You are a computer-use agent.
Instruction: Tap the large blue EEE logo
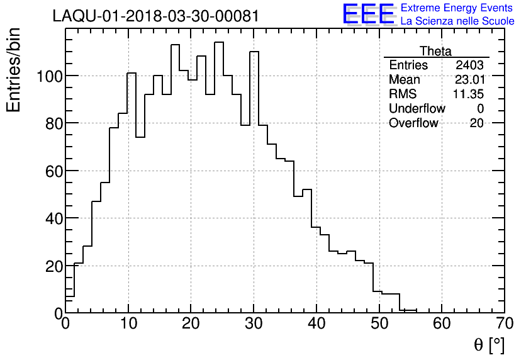(368, 14)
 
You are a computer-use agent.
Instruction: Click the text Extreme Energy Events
(457, 8)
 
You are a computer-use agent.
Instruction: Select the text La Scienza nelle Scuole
(457, 21)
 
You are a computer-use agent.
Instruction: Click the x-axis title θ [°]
(489, 344)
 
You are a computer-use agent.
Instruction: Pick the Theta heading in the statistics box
(435, 51)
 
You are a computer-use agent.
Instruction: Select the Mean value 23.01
(469, 80)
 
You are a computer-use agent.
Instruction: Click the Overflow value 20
(476, 123)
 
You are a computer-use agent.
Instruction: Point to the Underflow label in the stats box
(417, 109)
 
